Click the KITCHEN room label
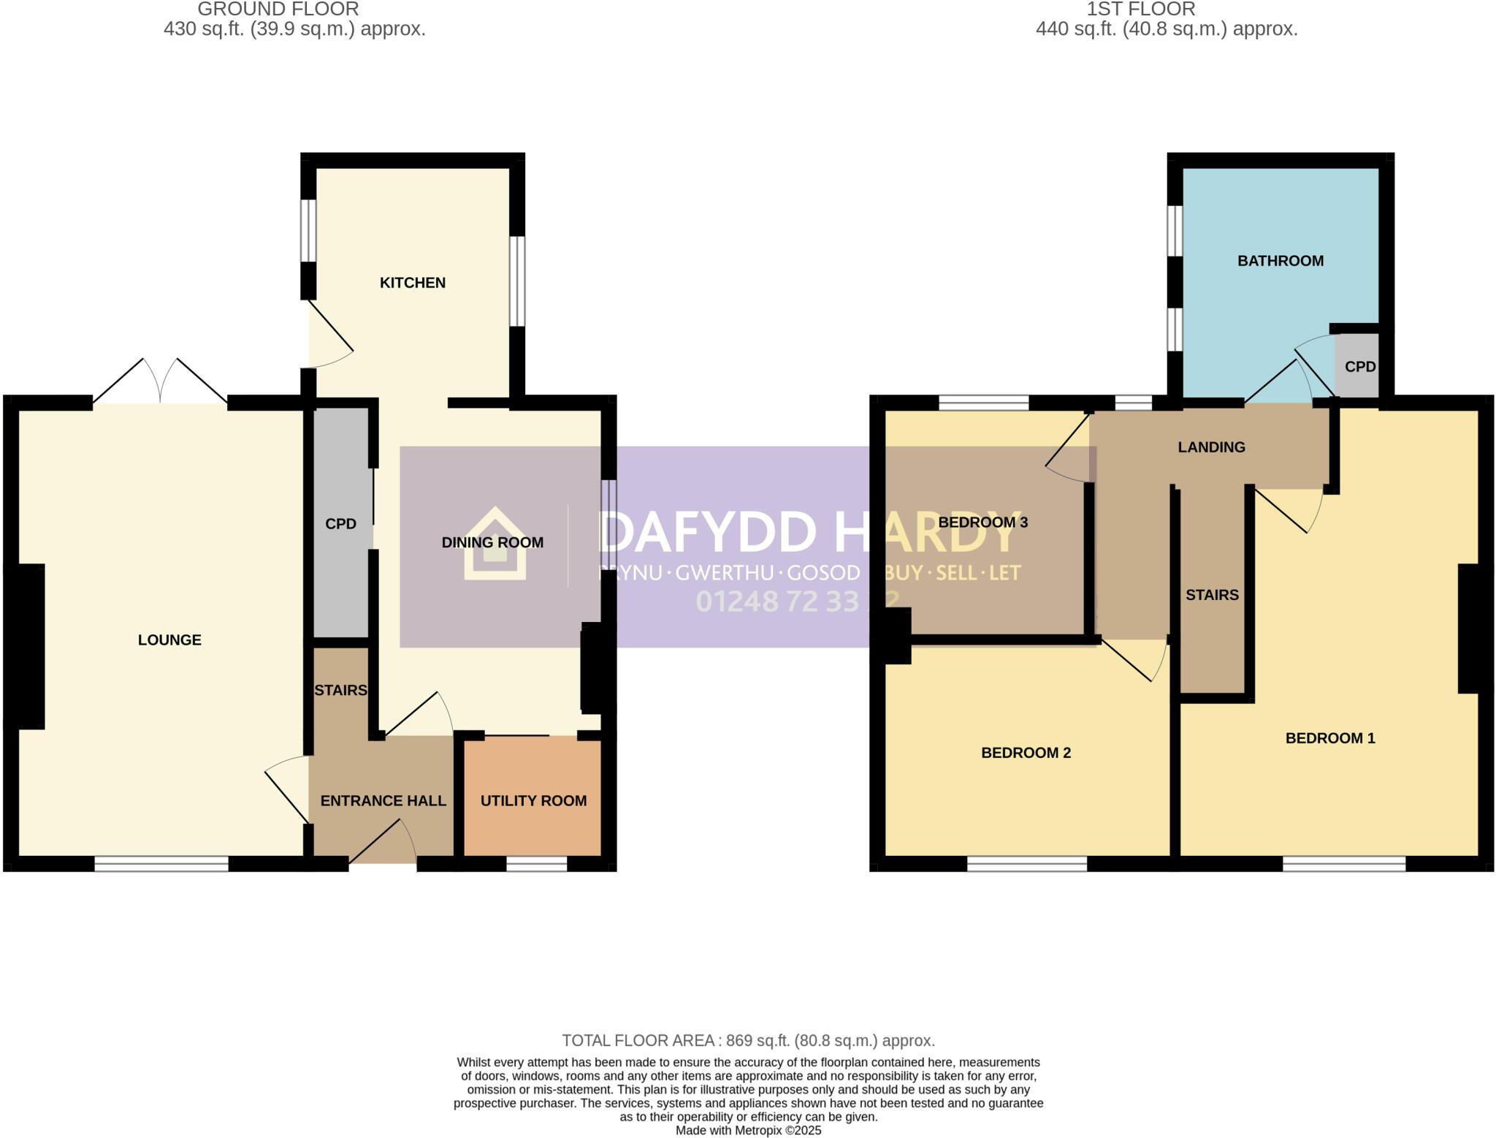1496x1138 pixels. coord(412,283)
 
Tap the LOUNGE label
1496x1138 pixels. coord(169,640)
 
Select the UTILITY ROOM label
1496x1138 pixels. coord(533,801)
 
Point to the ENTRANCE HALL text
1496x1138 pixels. coord(383,801)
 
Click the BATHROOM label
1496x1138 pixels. coord(1280,261)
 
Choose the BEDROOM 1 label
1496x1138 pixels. coord(1329,738)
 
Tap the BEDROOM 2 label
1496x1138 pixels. coord(1026,753)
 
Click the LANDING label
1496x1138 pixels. coord(1211,447)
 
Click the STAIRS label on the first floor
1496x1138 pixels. coord(1212,595)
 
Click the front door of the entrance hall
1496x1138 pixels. coord(383,848)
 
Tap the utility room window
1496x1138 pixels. coord(536,864)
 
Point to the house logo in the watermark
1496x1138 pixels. coord(495,545)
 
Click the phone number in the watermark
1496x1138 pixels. coord(796,602)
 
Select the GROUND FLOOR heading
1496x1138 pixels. coord(278,10)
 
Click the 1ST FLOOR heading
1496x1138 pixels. coord(1140,10)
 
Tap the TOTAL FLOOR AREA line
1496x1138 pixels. coord(748,1040)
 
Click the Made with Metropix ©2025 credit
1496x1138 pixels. coord(748,1131)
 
